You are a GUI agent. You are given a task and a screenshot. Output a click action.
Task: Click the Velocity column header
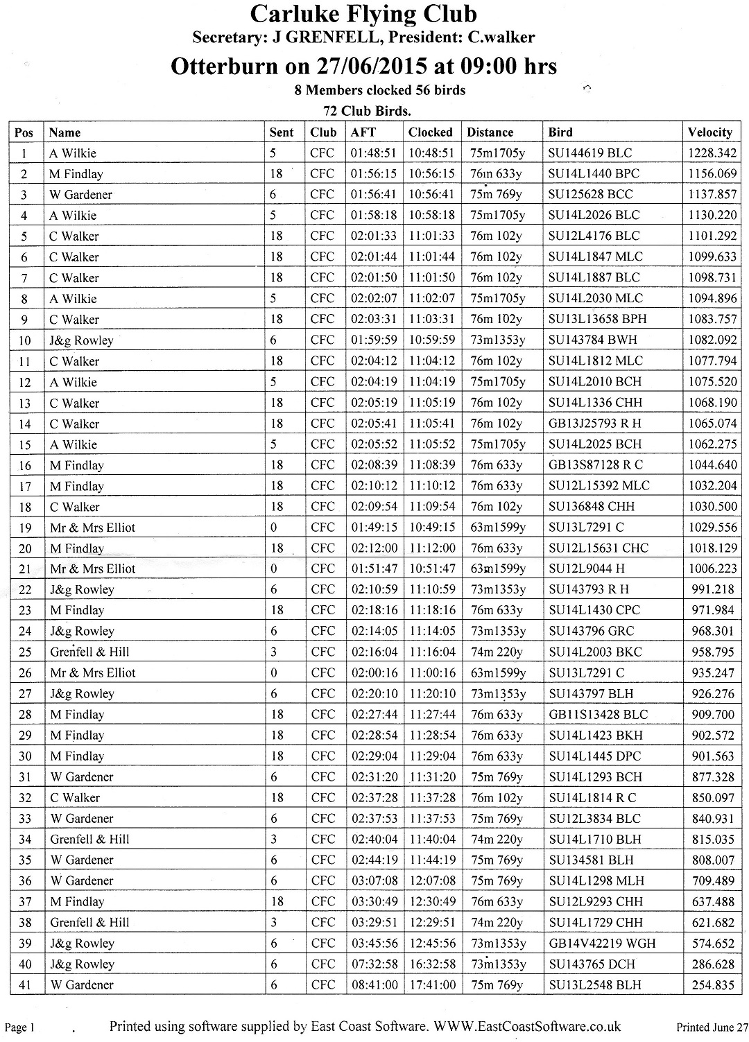(709, 132)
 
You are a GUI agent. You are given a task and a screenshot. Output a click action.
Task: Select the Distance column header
(490, 132)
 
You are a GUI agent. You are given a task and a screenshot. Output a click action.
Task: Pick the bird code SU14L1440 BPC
(594, 173)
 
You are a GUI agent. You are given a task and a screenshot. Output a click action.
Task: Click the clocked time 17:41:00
(432, 984)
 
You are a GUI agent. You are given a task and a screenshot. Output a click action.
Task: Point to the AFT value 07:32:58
(374, 964)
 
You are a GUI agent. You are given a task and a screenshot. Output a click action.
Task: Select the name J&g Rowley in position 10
(81, 340)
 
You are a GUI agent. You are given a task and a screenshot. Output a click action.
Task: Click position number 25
(25, 652)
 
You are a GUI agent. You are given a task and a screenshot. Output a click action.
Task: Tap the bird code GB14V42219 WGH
(601, 943)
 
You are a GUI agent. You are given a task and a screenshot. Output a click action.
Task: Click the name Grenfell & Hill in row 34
(89, 839)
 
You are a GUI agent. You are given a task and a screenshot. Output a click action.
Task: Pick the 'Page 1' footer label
(20, 1027)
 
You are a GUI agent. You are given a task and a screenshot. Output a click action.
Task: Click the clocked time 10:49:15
(432, 527)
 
